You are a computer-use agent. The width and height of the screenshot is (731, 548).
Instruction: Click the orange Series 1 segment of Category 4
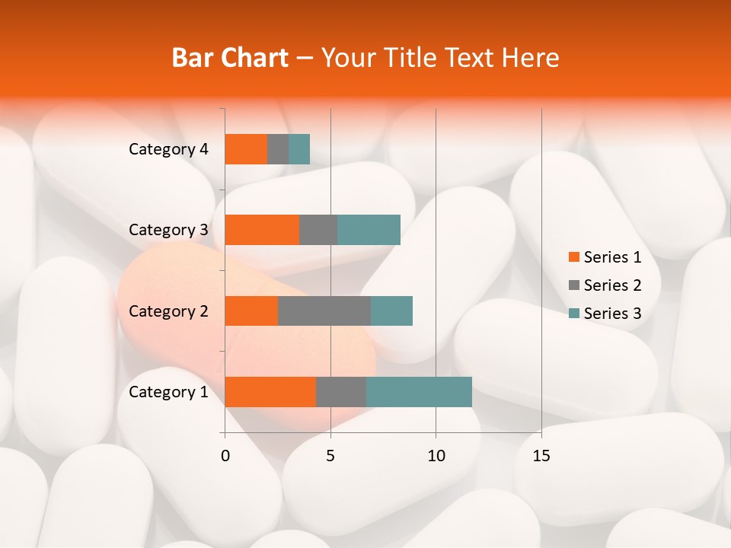[246, 149]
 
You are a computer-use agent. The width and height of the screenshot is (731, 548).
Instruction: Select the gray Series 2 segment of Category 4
[278, 149]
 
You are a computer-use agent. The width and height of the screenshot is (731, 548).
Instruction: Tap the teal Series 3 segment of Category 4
[299, 149]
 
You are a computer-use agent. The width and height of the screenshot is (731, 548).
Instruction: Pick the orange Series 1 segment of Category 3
[262, 230]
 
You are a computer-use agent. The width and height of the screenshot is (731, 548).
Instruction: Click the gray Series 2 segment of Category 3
[318, 230]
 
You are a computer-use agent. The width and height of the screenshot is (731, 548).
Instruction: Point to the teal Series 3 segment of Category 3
[369, 230]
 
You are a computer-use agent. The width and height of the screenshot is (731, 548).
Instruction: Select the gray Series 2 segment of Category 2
[324, 311]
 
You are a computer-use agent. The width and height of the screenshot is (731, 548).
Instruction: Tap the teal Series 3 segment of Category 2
[391, 311]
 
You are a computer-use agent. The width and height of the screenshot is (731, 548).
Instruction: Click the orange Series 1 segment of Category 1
[270, 392]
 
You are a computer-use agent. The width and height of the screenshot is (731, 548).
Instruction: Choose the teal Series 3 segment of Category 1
[419, 392]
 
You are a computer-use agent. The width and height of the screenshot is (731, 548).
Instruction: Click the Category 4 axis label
[168, 149]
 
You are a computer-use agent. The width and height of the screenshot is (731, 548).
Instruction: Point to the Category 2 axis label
[168, 311]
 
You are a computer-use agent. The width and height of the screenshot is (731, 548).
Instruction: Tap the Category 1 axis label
[168, 392]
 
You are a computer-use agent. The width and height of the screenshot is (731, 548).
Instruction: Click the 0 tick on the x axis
[225, 456]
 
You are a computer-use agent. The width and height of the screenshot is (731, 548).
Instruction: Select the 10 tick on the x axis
[436, 456]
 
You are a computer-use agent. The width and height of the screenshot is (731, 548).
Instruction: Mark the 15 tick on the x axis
[541, 456]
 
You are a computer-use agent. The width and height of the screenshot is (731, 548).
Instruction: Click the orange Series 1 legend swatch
[573, 257]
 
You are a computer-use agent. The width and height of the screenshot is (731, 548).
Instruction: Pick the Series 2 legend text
[612, 285]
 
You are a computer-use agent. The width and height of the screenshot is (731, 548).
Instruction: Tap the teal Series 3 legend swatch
[573, 314]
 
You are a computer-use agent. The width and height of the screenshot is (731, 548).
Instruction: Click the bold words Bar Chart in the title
[230, 58]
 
